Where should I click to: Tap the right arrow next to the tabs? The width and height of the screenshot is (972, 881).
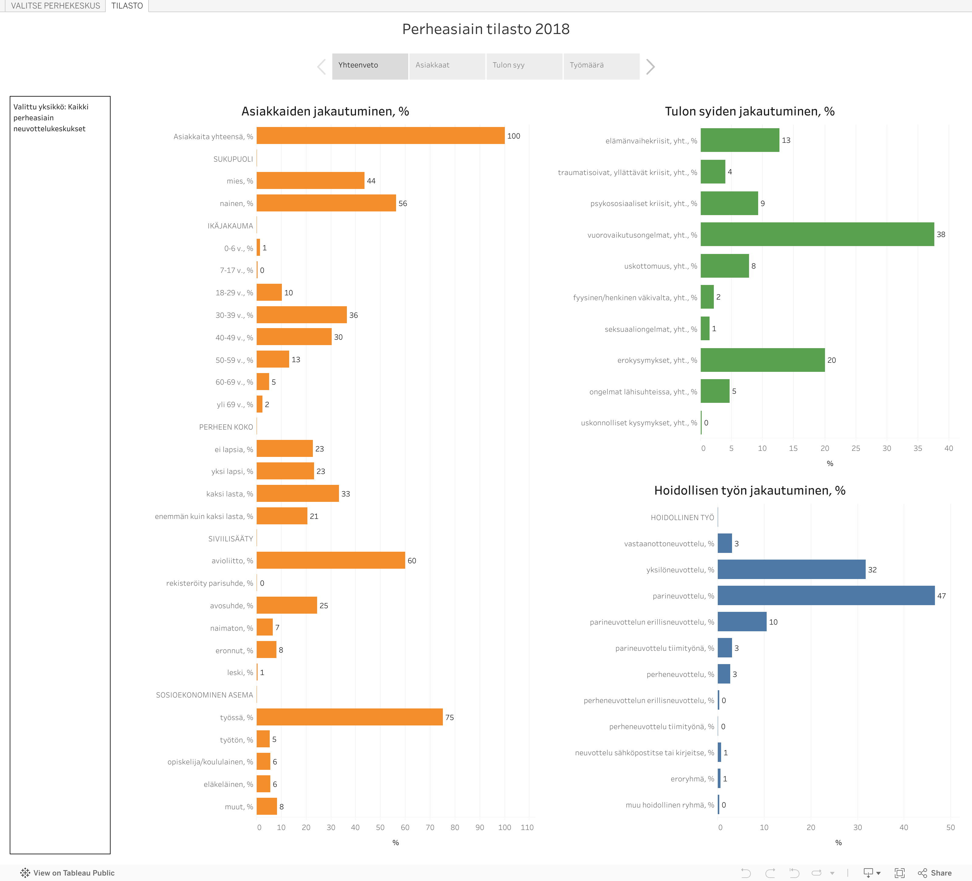tap(650, 67)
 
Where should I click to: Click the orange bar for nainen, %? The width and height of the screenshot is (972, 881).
tap(326, 203)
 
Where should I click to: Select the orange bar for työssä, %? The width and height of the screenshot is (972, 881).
tap(350, 717)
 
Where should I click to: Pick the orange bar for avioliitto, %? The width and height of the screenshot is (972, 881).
tap(331, 560)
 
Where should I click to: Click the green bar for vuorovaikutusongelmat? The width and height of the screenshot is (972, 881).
tap(817, 234)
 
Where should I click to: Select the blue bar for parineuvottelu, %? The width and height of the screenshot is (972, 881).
tap(826, 595)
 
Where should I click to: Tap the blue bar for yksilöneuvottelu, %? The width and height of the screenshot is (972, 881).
tap(791, 570)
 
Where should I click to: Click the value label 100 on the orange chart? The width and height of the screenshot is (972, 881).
tap(513, 136)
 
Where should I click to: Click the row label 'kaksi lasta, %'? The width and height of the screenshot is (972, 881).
tap(230, 494)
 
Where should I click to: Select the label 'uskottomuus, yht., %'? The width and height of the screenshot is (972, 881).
tap(661, 266)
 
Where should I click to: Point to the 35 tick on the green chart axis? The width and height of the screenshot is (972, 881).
tap(918, 448)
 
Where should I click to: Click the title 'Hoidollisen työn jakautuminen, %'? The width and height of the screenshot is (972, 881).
tap(749, 490)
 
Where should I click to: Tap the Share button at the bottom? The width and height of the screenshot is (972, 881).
tap(935, 873)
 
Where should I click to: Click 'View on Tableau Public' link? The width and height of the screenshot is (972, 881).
tap(67, 873)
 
